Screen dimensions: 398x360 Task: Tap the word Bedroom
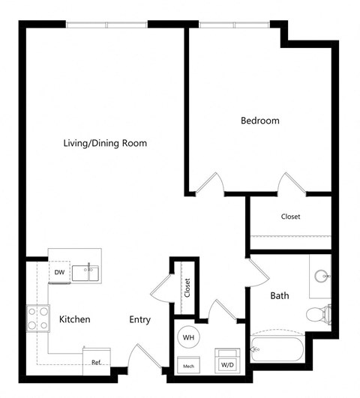tap(259, 120)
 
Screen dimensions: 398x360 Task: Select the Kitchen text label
tap(75, 319)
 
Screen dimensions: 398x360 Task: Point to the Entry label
tap(139, 319)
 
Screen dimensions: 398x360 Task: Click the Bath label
tap(280, 296)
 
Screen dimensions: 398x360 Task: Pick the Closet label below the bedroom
tap(290, 217)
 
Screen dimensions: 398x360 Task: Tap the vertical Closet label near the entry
tap(187, 286)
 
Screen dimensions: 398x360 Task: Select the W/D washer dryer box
tap(227, 361)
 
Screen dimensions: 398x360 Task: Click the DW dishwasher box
tap(58, 272)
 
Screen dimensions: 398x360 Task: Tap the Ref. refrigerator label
tap(97, 362)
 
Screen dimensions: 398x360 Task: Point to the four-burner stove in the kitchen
tap(38, 318)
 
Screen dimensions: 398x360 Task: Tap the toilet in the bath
tap(321, 313)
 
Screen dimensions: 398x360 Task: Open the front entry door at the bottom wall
tap(142, 357)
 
